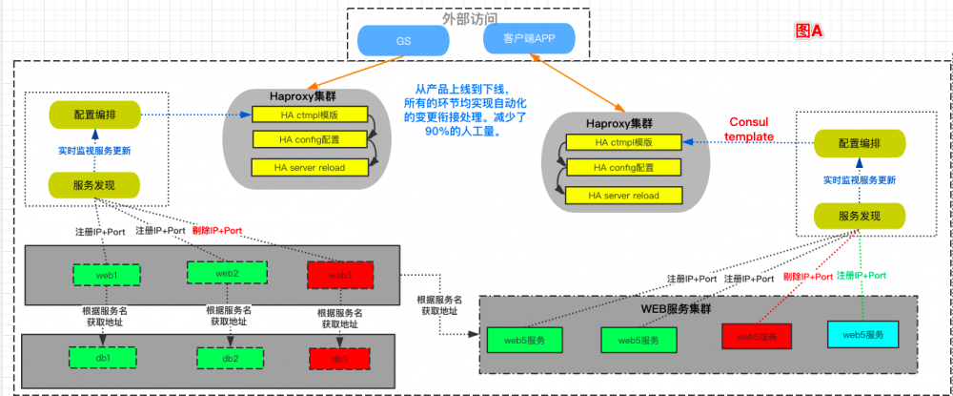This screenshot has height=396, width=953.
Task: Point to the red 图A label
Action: coord(808,31)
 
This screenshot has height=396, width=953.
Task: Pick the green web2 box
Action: coord(226,273)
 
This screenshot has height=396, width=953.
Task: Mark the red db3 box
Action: coord(338,359)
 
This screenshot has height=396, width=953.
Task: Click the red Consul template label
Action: coord(750,130)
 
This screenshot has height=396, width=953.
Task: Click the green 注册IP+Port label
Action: coord(861,275)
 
